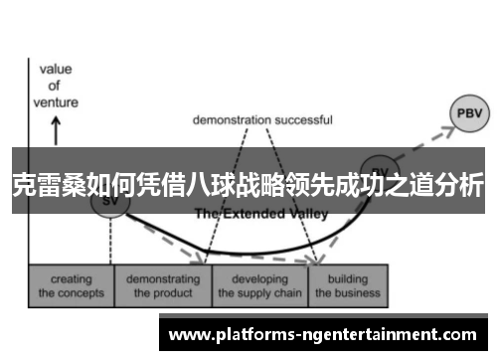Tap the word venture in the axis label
tap(56, 99)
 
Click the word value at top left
tap(56, 70)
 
